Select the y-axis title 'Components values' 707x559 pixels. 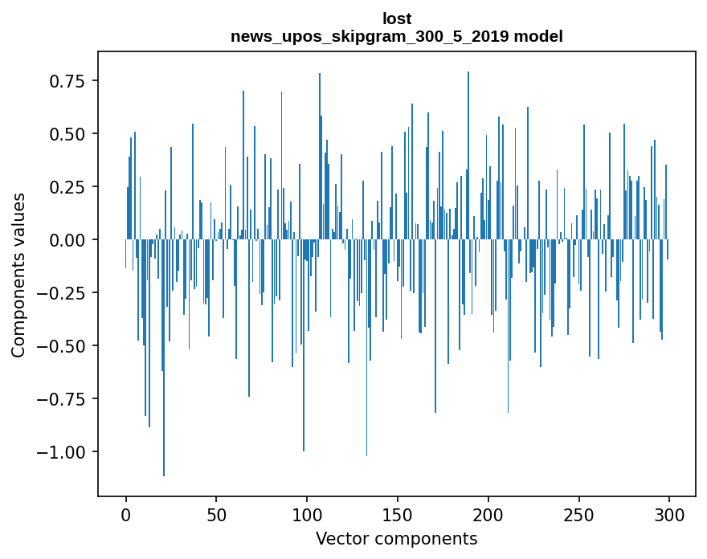[x=18, y=275]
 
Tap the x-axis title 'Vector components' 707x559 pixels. [x=397, y=538]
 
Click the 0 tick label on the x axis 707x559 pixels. [x=126, y=516]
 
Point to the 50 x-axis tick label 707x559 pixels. [x=216, y=516]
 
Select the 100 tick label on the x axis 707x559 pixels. [x=307, y=516]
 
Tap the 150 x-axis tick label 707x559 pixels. [x=398, y=516]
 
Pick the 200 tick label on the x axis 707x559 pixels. [x=488, y=516]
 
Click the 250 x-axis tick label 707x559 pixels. [x=578, y=516]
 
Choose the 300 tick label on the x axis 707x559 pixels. [x=669, y=516]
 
